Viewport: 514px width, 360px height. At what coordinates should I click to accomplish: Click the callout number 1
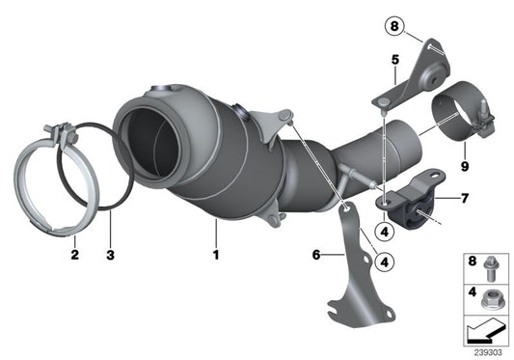(x=217, y=256)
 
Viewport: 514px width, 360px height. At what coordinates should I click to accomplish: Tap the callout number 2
(x=73, y=256)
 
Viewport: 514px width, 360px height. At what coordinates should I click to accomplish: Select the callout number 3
(x=110, y=256)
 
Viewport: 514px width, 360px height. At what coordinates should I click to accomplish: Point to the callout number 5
(x=393, y=60)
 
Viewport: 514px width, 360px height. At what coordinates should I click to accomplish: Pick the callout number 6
(x=316, y=256)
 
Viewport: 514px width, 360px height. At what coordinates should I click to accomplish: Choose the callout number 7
(x=465, y=199)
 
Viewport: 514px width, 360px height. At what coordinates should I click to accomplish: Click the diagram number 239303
(x=488, y=350)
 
